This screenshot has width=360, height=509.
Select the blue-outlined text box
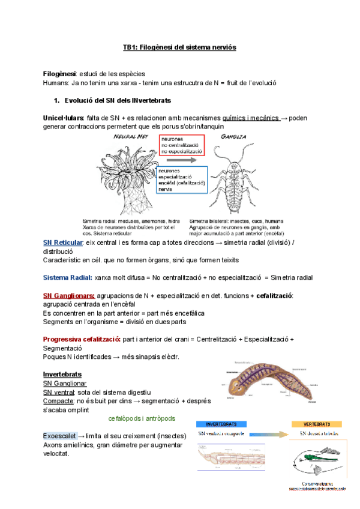182,179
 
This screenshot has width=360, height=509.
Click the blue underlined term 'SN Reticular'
63,242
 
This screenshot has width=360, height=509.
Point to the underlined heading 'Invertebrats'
62,375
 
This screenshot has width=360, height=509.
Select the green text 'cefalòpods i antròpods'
142,418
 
